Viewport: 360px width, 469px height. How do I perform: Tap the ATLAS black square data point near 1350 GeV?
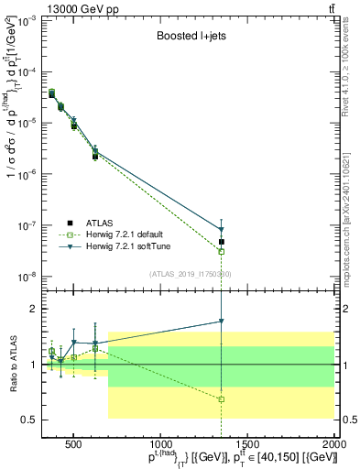coord(222,242)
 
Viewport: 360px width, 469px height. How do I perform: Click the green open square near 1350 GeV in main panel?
coord(222,251)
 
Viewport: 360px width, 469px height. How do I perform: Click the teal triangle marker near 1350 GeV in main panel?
coord(222,230)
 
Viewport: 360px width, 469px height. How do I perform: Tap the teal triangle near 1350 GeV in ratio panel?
coord(222,322)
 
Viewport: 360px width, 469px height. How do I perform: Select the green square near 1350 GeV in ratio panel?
coord(222,399)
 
